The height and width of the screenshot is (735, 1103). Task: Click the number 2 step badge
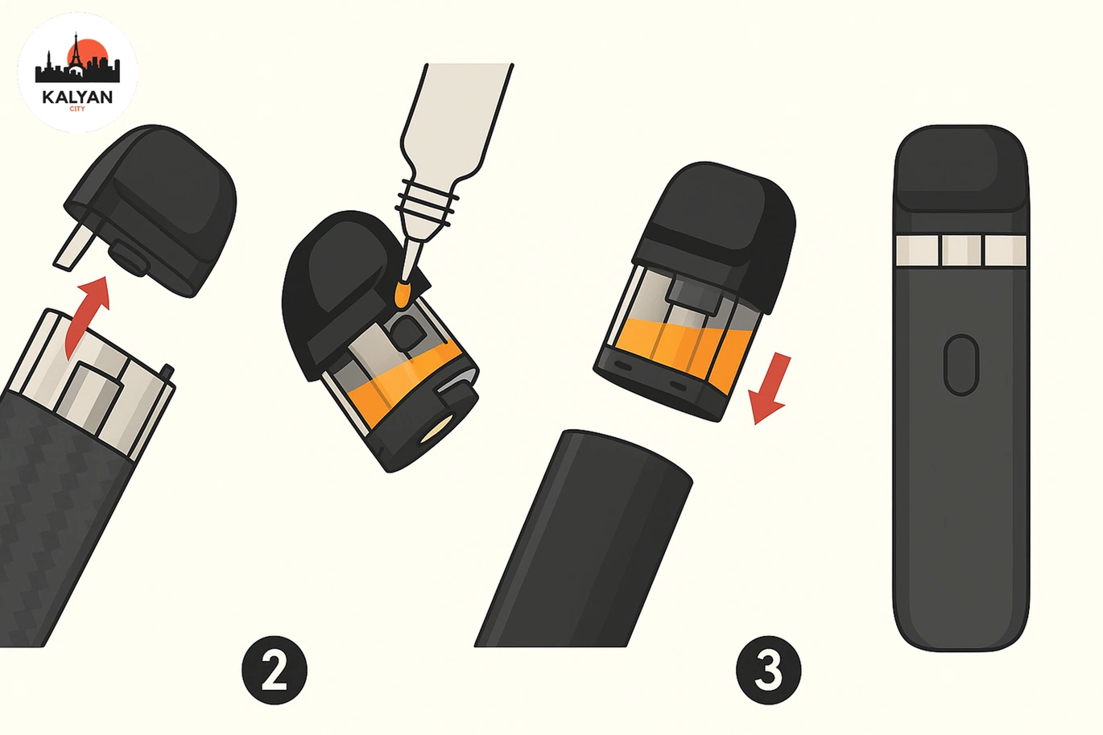click(x=275, y=671)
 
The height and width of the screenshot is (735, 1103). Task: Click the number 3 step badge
click(x=769, y=671)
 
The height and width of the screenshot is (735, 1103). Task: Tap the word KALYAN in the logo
click(x=77, y=97)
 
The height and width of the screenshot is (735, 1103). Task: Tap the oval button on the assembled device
click(x=960, y=365)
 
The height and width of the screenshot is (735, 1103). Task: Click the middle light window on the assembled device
click(x=961, y=250)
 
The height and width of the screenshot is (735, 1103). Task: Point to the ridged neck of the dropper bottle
click(x=428, y=203)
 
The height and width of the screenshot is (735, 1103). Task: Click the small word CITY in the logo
click(x=77, y=109)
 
